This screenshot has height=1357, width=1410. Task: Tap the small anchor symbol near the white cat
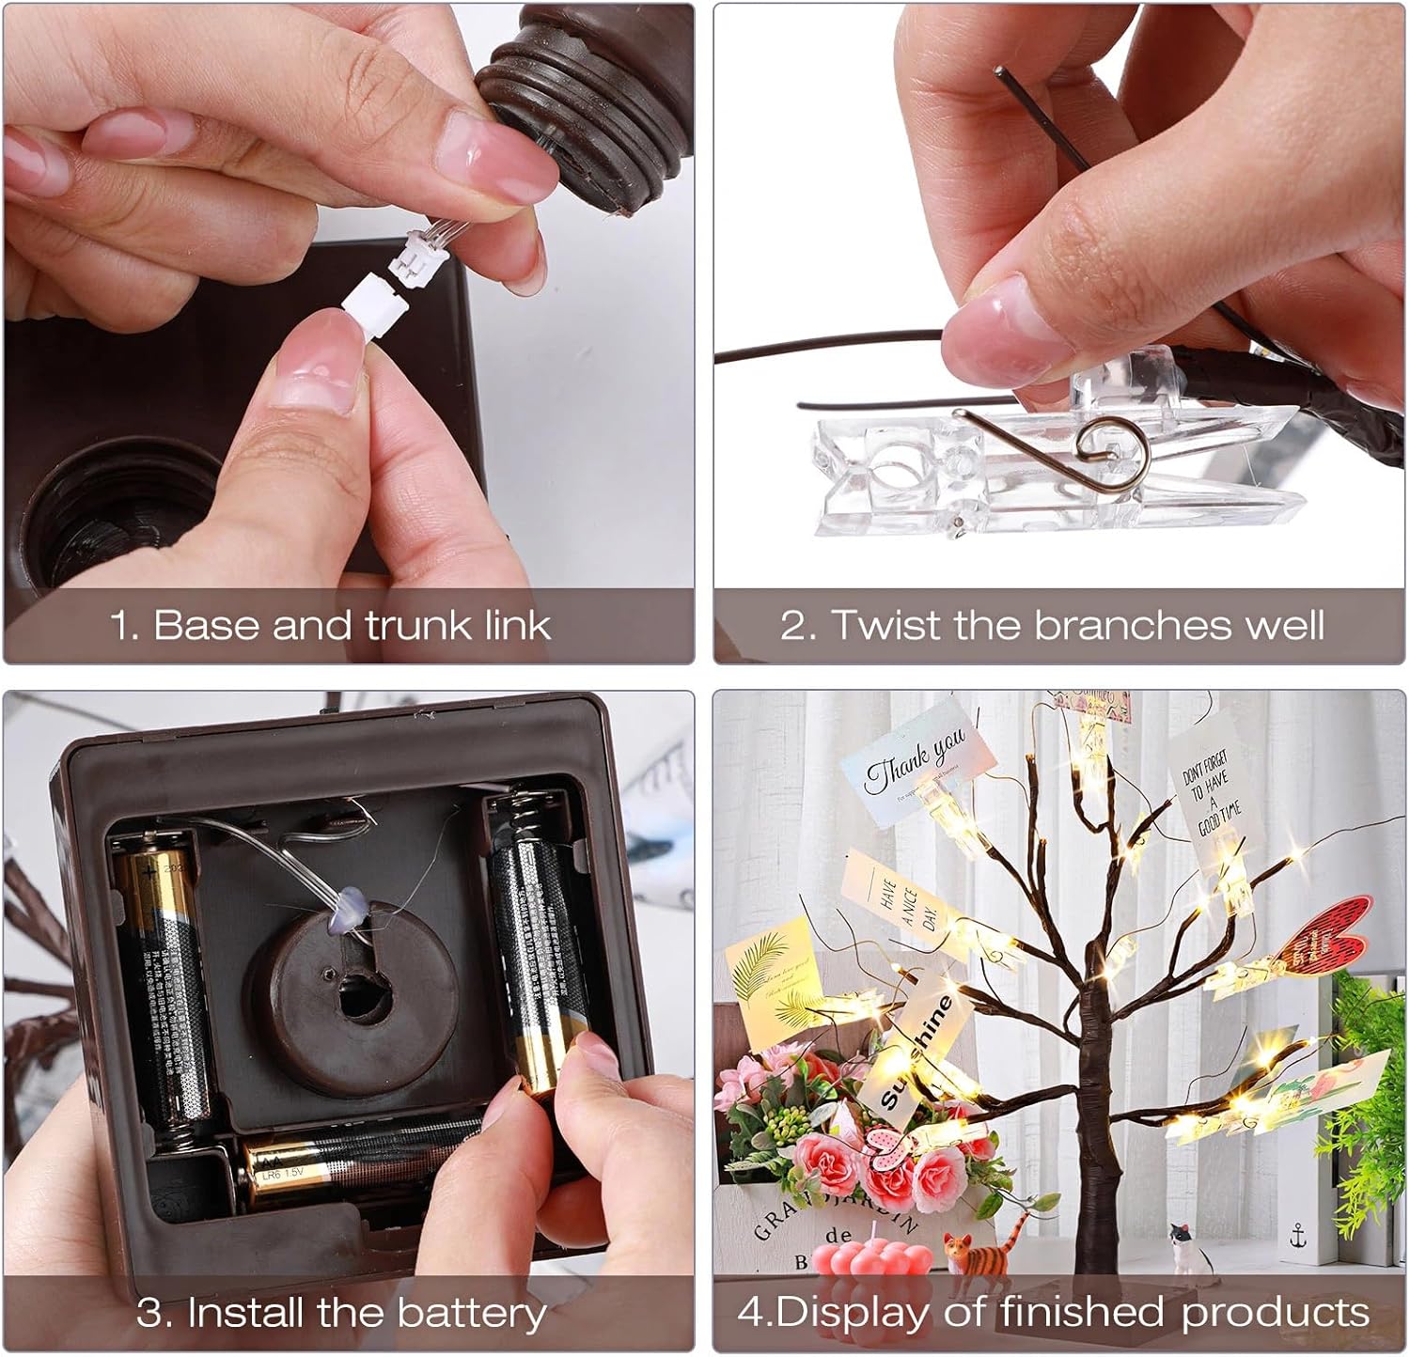1298,1235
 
